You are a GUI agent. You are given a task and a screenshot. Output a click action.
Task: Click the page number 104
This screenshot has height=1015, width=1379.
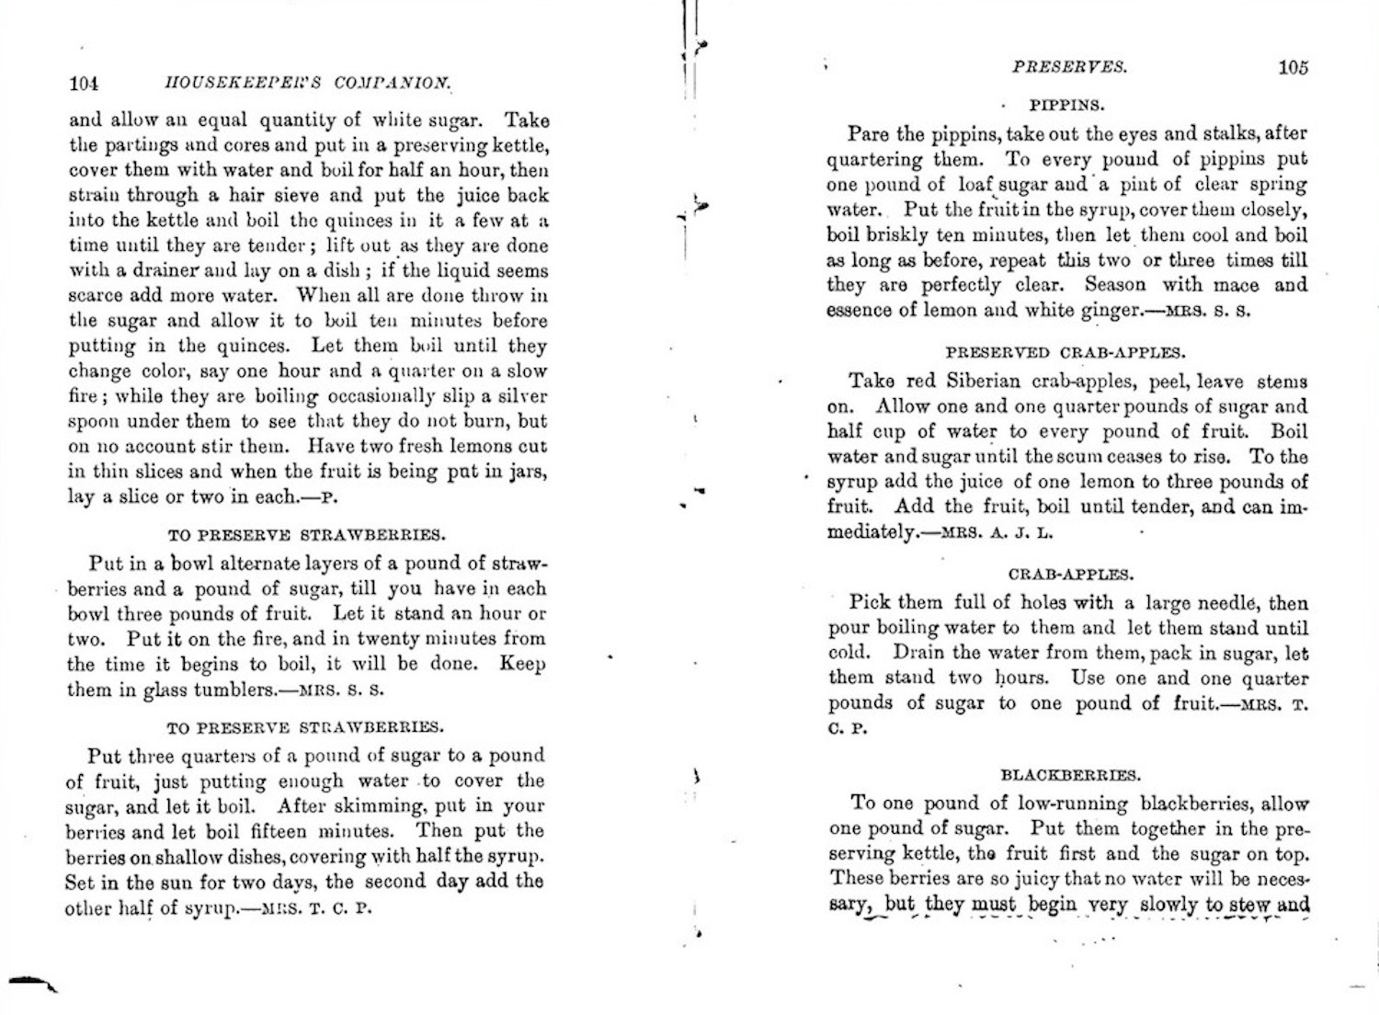(x=84, y=84)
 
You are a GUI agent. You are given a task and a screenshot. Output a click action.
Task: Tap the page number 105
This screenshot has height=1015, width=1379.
(x=1292, y=67)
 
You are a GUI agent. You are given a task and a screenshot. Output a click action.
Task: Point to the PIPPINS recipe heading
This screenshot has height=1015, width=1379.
(x=1066, y=105)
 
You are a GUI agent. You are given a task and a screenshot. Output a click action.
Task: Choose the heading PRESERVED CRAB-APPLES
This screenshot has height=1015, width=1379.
(x=1066, y=353)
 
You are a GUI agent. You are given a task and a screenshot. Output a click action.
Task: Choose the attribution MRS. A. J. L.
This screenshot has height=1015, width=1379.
(x=998, y=532)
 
